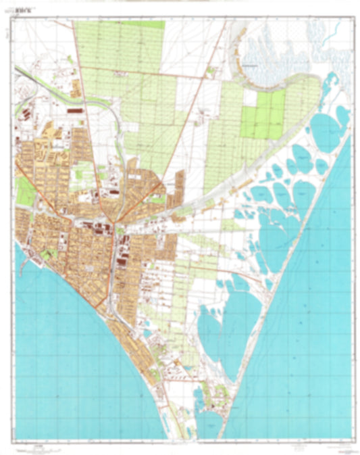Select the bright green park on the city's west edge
(25, 191)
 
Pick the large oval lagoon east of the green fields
(326, 132)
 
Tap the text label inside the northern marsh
(251, 66)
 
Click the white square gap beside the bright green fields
(250, 99)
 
